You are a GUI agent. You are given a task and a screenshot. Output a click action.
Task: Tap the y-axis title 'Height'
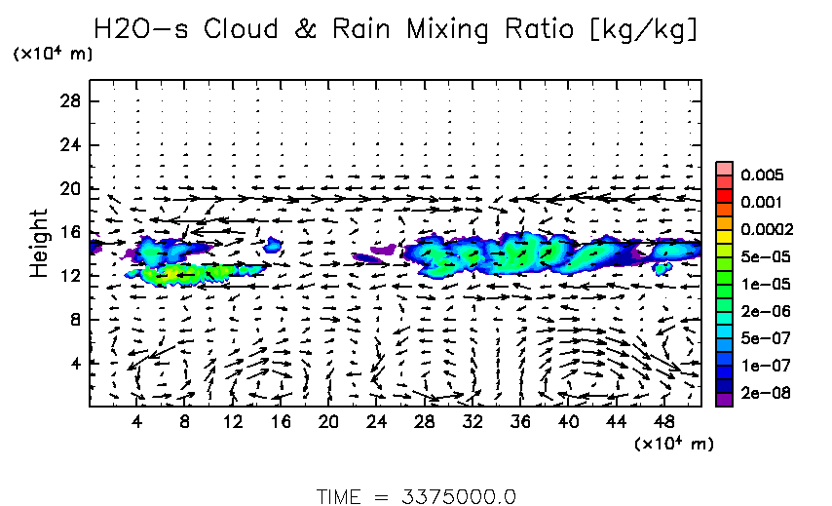pos(39,242)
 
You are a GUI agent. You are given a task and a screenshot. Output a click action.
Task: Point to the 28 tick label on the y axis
pos(68,101)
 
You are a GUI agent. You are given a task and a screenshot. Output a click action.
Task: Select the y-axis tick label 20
pos(68,188)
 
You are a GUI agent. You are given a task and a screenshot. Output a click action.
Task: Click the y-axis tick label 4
pos(73,363)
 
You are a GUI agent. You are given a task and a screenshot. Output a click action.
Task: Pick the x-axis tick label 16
pos(280,421)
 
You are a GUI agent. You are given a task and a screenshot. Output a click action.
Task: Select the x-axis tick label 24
pos(376,421)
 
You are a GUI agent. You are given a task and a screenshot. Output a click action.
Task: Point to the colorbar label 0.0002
pos(767,230)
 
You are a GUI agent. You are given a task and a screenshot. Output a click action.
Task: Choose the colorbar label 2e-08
pos(765,393)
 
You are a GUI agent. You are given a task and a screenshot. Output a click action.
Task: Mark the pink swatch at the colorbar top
pos(724,168)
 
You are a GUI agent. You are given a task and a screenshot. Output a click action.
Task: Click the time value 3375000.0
pos(458,496)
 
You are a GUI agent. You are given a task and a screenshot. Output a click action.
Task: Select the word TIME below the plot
pos(340,496)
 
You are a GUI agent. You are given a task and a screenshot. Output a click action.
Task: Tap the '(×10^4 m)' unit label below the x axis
pos(674,444)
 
